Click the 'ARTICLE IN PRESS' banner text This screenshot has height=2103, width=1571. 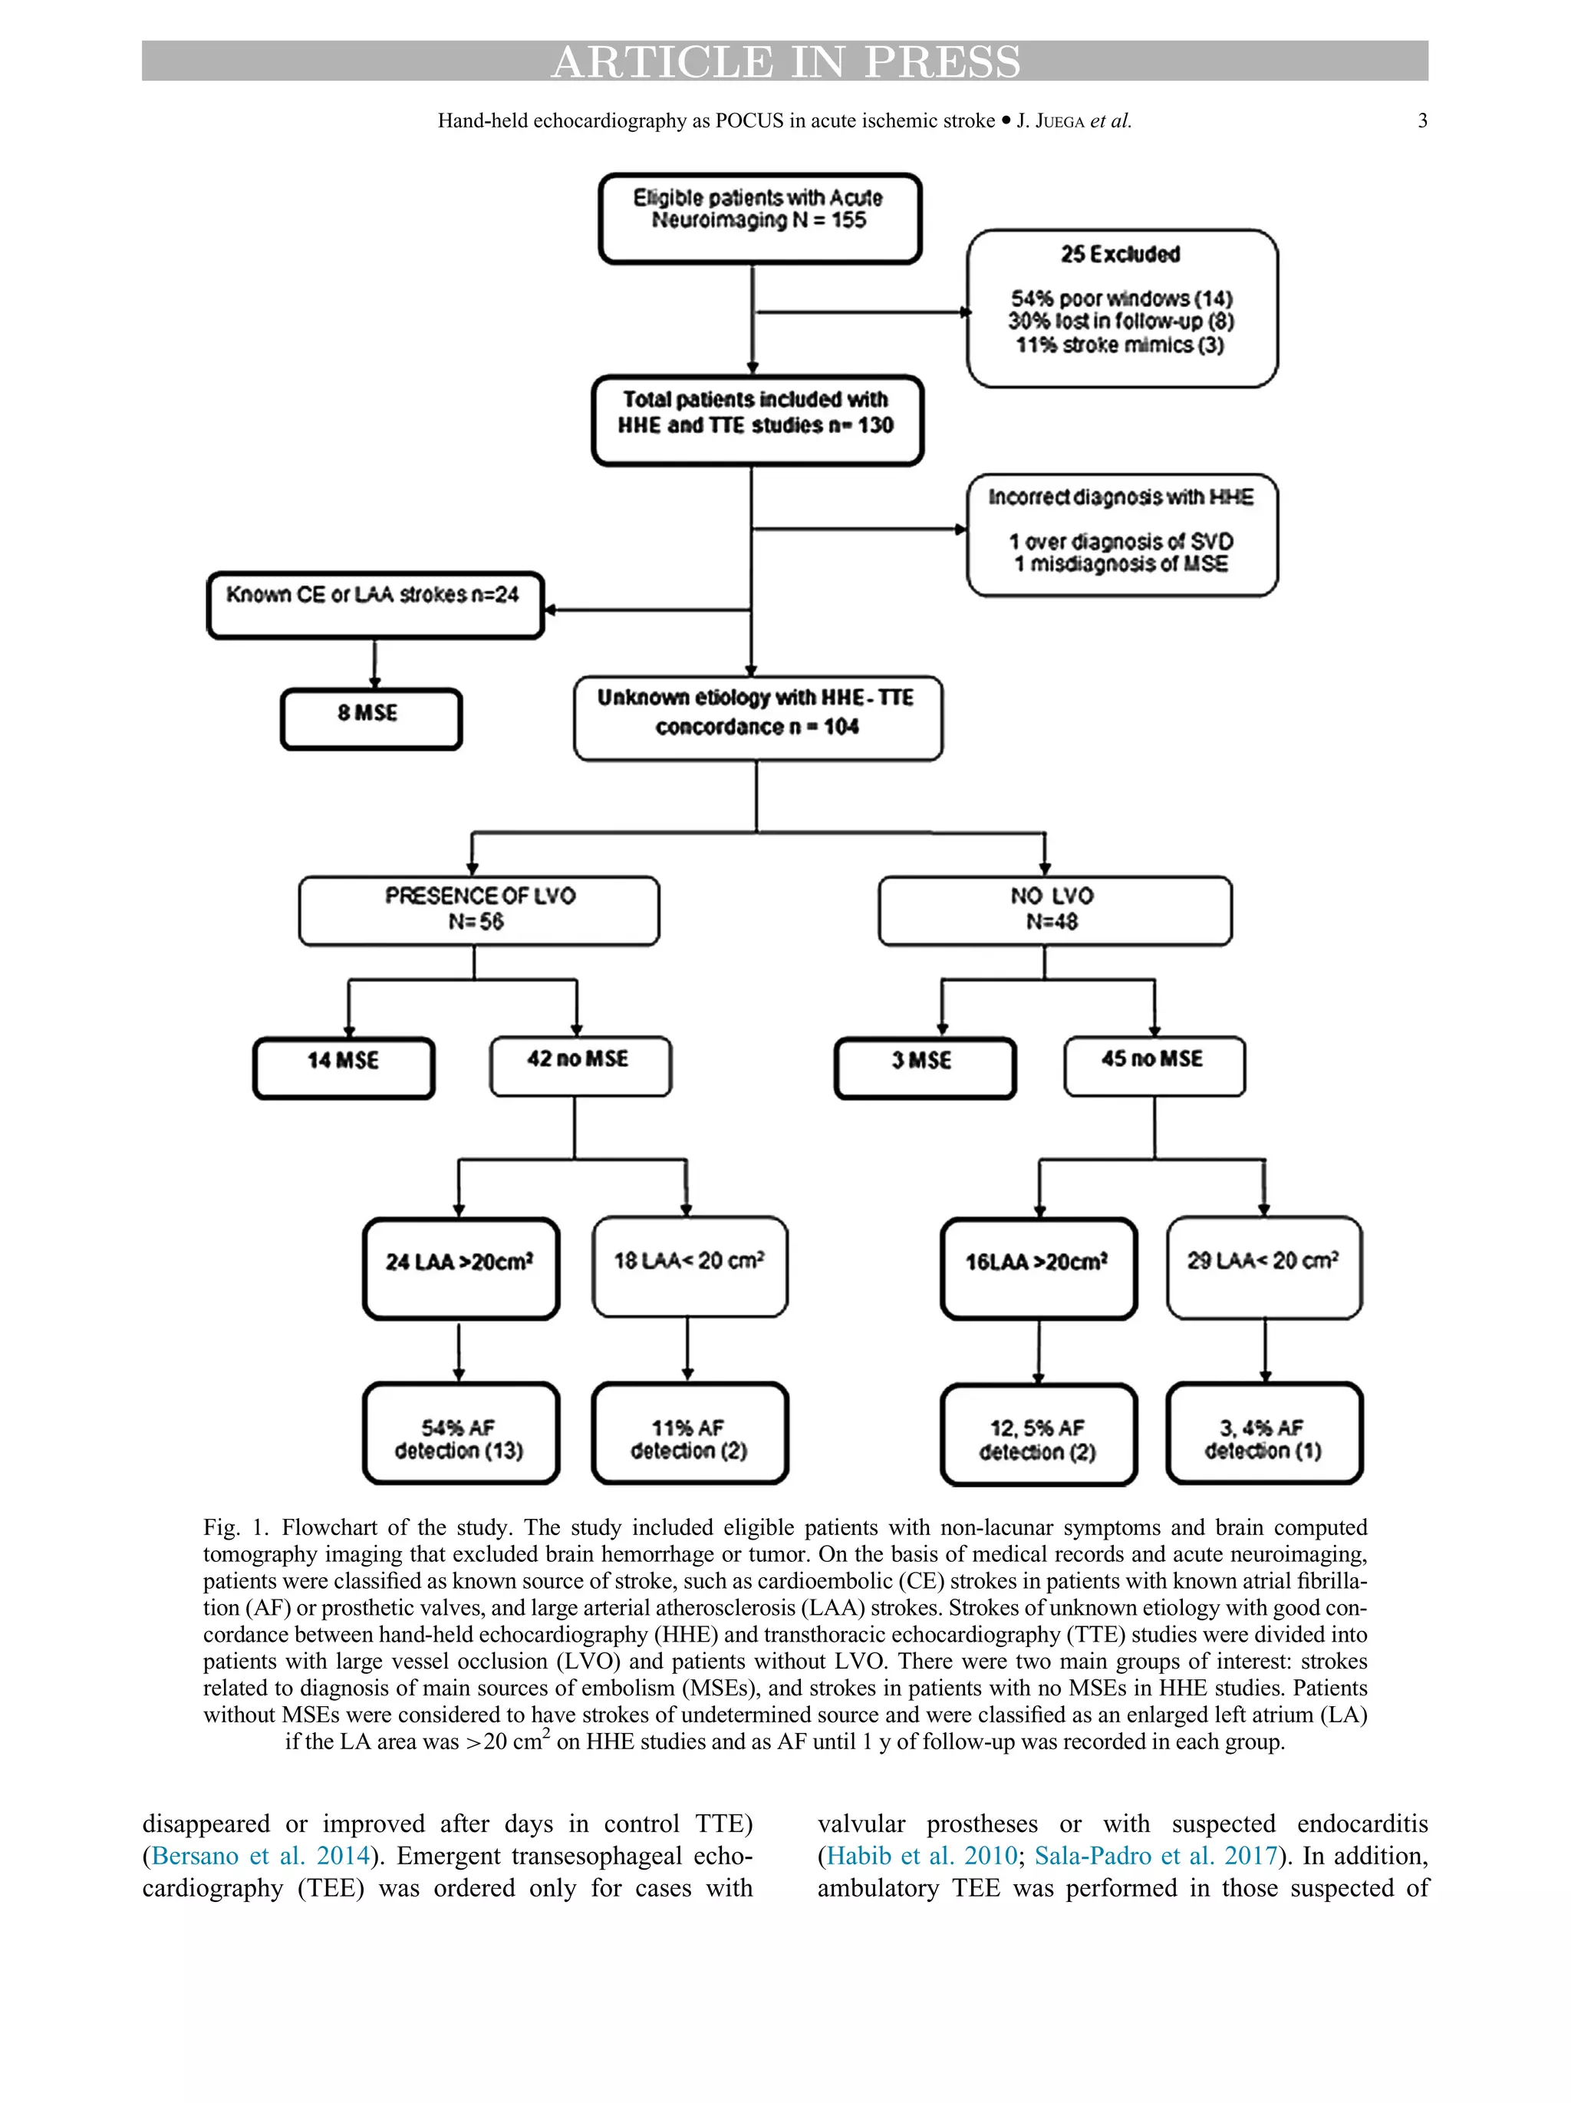pyautogui.click(x=785, y=62)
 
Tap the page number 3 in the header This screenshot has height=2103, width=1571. pyautogui.click(x=1421, y=121)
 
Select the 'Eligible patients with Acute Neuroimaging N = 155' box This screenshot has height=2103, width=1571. pyautogui.click(x=759, y=218)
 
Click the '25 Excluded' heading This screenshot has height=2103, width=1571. pyautogui.click(x=1121, y=255)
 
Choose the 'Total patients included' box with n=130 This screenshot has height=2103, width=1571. pyautogui.click(x=756, y=421)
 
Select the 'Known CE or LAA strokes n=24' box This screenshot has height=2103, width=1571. pyautogui.click(x=374, y=605)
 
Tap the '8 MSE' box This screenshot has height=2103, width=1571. pyautogui.click(x=371, y=718)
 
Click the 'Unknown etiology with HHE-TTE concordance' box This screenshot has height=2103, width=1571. pyautogui.click(x=757, y=718)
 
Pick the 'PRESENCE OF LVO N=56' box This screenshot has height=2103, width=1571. pyautogui.click(x=479, y=910)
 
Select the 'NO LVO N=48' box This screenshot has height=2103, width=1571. pyautogui.click(x=1053, y=910)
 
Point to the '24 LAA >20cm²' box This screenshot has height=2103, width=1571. pyautogui.click(x=460, y=1267)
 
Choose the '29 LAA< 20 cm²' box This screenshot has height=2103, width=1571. pyautogui.click(x=1263, y=1266)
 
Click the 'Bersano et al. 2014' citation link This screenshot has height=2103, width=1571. pyautogui.click(x=259, y=1855)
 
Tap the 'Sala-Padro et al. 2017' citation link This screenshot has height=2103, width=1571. pyautogui.click(x=1154, y=1855)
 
